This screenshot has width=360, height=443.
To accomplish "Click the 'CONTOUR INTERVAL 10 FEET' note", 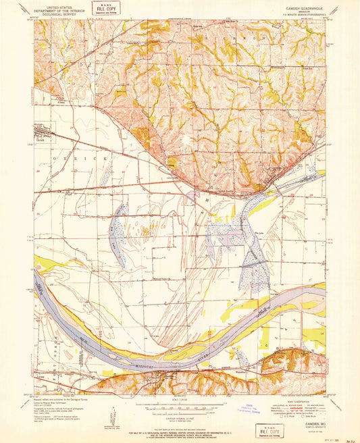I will [180, 419].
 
